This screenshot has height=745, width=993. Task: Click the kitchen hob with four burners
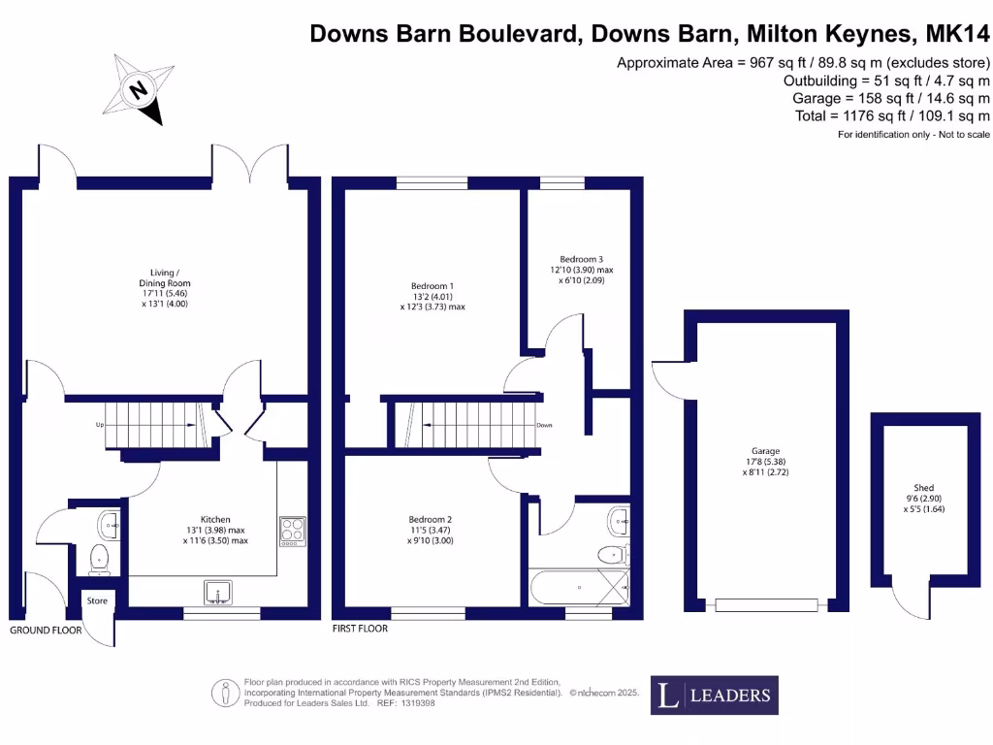click(x=292, y=530)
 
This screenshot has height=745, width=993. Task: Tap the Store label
click(x=97, y=601)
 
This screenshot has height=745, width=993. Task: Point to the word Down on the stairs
click(x=544, y=426)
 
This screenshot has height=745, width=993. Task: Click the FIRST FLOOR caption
click(x=359, y=629)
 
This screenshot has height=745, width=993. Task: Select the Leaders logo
click(x=714, y=695)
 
